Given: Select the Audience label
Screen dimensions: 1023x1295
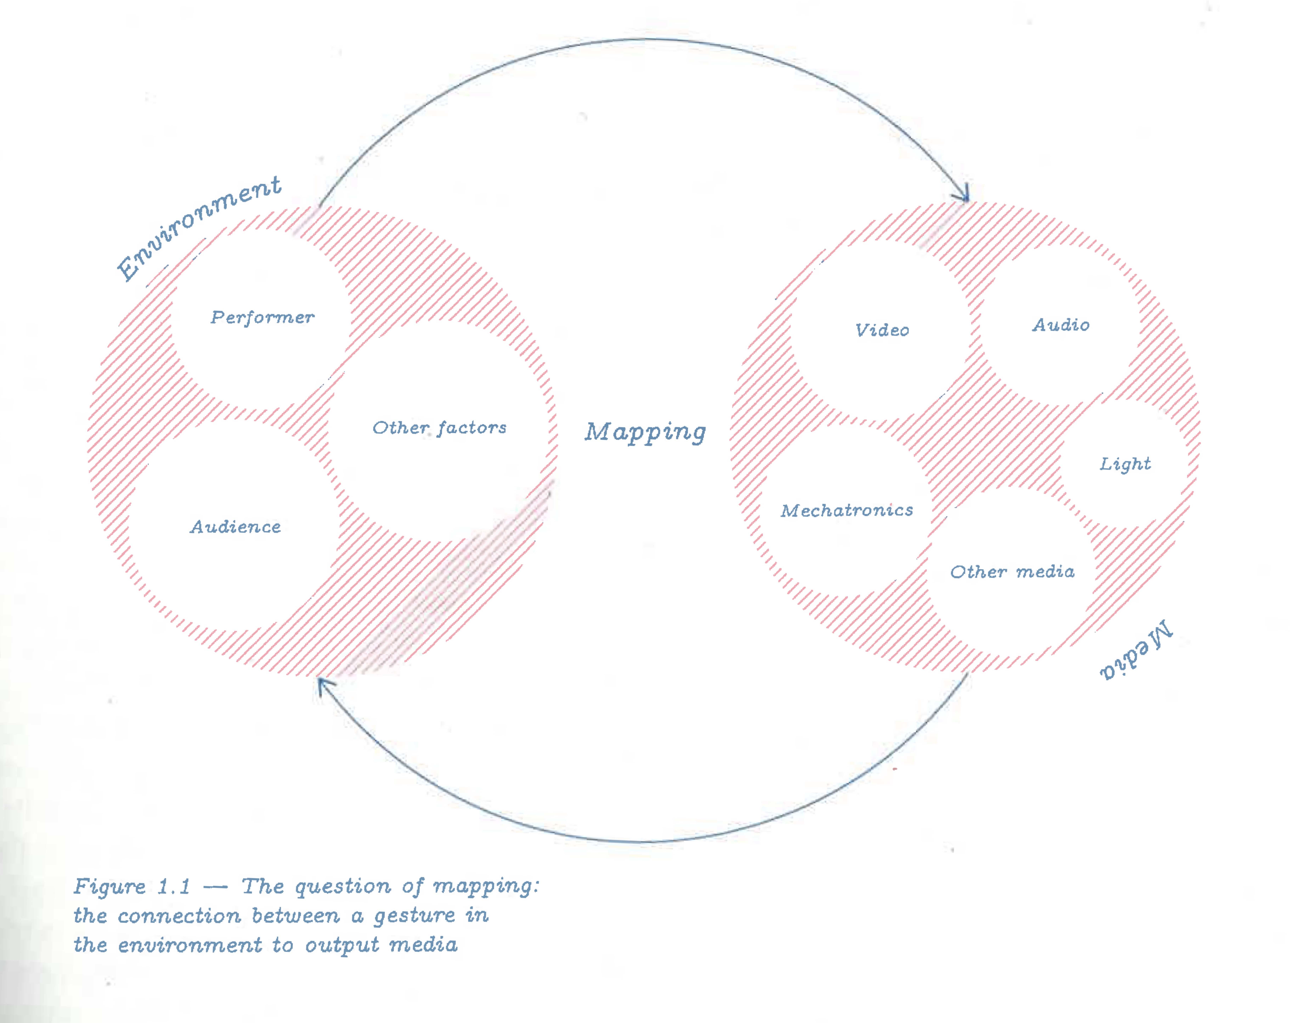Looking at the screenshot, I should click(x=236, y=527).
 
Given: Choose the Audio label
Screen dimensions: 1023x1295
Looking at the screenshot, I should click(x=1060, y=325).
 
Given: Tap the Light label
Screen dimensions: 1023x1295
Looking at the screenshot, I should click(x=1125, y=464).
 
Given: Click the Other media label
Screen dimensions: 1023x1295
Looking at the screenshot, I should click(x=1012, y=572).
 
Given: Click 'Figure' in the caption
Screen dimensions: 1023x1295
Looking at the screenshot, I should click(x=110, y=886).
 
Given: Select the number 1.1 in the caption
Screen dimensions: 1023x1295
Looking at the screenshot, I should click(x=174, y=886).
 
